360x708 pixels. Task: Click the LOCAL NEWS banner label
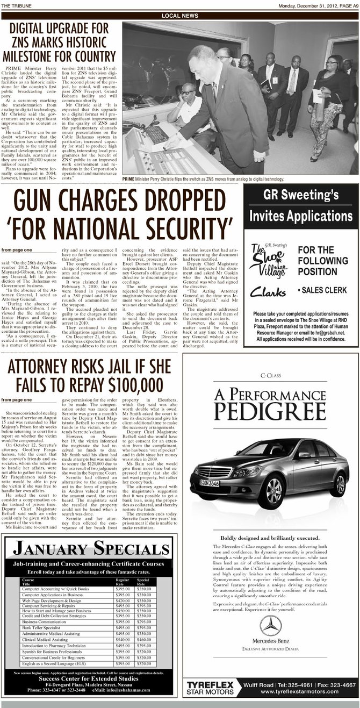(x=179, y=16)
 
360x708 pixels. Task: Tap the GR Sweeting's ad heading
(x=300, y=195)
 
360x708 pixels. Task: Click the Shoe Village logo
(x=267, y=260)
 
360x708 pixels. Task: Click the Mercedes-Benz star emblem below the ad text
(x=271, y=626)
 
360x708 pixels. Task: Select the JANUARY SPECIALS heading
(x=89, y=548)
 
